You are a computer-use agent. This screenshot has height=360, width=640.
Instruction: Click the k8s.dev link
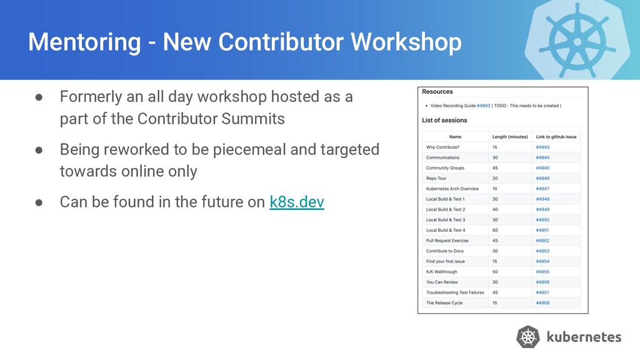click(297, 202)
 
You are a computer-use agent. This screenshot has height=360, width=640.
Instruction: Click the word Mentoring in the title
click(84, 42)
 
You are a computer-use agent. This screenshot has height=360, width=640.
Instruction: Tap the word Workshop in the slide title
click(406, 42)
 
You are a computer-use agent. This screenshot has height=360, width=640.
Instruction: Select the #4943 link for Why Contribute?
click(542, 147)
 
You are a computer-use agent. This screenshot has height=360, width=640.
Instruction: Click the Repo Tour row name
click(436, 178)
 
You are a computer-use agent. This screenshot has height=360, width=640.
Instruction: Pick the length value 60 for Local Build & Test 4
click(495, 230)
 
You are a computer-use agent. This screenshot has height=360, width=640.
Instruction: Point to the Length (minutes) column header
click(510, 137)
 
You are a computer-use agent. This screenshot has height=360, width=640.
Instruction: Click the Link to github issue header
click(556, 137)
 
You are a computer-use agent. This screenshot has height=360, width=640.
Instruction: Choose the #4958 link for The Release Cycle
click(542, 303)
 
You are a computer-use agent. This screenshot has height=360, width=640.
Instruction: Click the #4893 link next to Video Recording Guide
click(483, 106)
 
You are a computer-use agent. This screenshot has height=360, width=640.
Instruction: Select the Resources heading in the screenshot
click(437, 92)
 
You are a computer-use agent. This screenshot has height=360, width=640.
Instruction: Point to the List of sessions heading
click(444, 121)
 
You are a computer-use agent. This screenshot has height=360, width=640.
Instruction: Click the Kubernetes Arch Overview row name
click(452, 189)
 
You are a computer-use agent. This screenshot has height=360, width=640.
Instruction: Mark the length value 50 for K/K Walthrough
click(495, 272)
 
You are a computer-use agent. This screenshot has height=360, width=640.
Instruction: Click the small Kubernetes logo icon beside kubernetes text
click(528, 337)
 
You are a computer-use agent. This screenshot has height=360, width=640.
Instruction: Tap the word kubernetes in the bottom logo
click(584, 337)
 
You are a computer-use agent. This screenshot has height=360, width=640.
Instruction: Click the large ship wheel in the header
click(577, 41)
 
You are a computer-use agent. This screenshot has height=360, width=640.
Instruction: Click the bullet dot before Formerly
click(39, 97)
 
